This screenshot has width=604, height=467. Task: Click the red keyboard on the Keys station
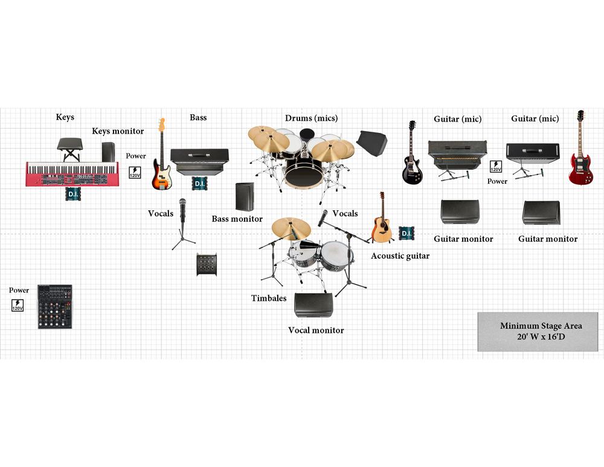72,174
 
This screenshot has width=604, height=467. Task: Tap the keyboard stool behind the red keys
69,149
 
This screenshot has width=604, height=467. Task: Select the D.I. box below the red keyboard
73,194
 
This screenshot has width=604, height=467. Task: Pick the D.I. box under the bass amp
199,183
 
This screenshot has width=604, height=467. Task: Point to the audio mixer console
55,307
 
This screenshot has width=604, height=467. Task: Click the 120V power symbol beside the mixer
18,306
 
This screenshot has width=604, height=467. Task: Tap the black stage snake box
207,265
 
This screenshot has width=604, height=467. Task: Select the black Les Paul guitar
412,153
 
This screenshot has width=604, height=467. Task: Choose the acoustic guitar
382,218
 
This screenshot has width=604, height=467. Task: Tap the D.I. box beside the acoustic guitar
406,233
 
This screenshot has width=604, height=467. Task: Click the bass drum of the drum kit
304,174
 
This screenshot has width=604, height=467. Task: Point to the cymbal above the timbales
291,228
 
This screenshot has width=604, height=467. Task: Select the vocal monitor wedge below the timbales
313,304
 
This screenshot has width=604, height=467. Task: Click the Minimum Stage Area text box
538,331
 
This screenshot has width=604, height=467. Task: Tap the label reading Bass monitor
237,219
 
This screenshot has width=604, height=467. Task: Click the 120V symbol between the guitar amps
496,167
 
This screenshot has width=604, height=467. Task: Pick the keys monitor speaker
109,152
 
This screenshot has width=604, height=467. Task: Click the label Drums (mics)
311,118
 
